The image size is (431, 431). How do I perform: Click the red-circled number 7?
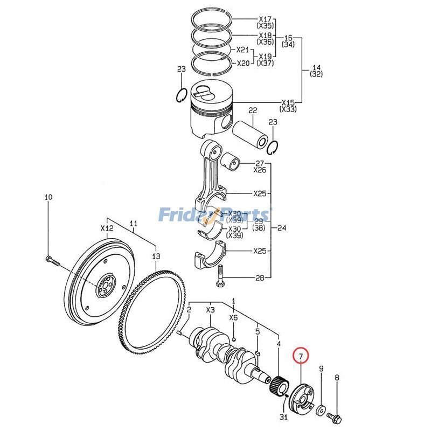pyautogui.click(x=301, y=356)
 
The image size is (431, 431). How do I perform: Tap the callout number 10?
pyautogui.click(x=48, y=198)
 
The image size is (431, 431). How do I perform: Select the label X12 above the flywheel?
pyautogui.click(x=107, y=228)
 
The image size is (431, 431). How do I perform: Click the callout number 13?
pyautogui.click(x=156, y=256)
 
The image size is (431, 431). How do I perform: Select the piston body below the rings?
pyautogui.click(x=211, y=113)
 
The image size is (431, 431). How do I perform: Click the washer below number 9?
pyautogui.click(x=321, y=411)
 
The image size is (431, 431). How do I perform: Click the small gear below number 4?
pyautogui.click(x=279, y=385)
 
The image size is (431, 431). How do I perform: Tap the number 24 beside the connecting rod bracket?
pyautogui.click(x=281, y=228)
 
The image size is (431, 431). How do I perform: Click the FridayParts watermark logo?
pyautogui.click(x=215, y=215)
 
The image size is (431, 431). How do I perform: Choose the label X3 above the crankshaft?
pyautogui.click(x=210, y=310)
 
